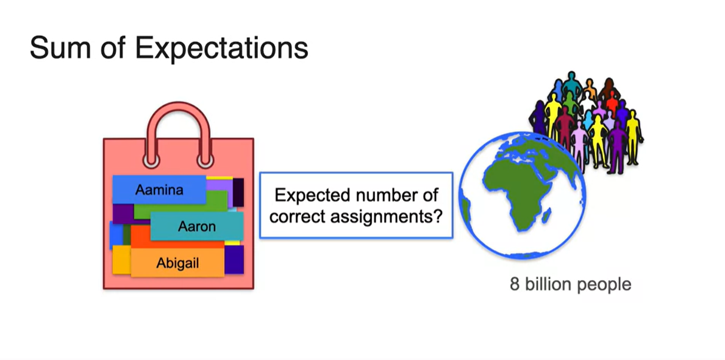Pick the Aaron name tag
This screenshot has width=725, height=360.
pyautogui.click(x=196, y=226)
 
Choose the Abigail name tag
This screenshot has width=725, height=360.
pyautogui.click(x=177, y=263)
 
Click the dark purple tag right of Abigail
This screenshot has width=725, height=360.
pyautogui.click(x=234, y=260)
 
